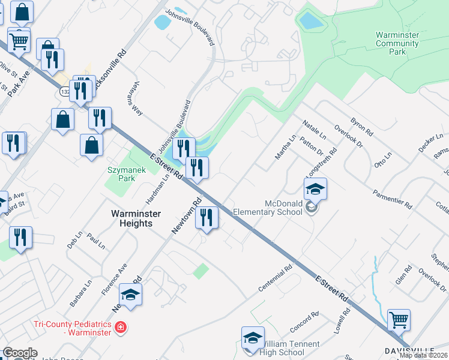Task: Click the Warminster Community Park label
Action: click(x=397, y=43)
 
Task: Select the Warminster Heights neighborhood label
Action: click(x=132, y=218)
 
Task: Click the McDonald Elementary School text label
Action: click(x=270, y=208)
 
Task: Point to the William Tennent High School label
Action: click(x=284, y=349)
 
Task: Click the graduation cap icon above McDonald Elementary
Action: click(x=315, y=189)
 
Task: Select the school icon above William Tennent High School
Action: click(x=253, y=338)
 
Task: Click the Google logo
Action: click(x=20, y=353)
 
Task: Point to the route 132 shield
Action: click(x=65, y=91)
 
